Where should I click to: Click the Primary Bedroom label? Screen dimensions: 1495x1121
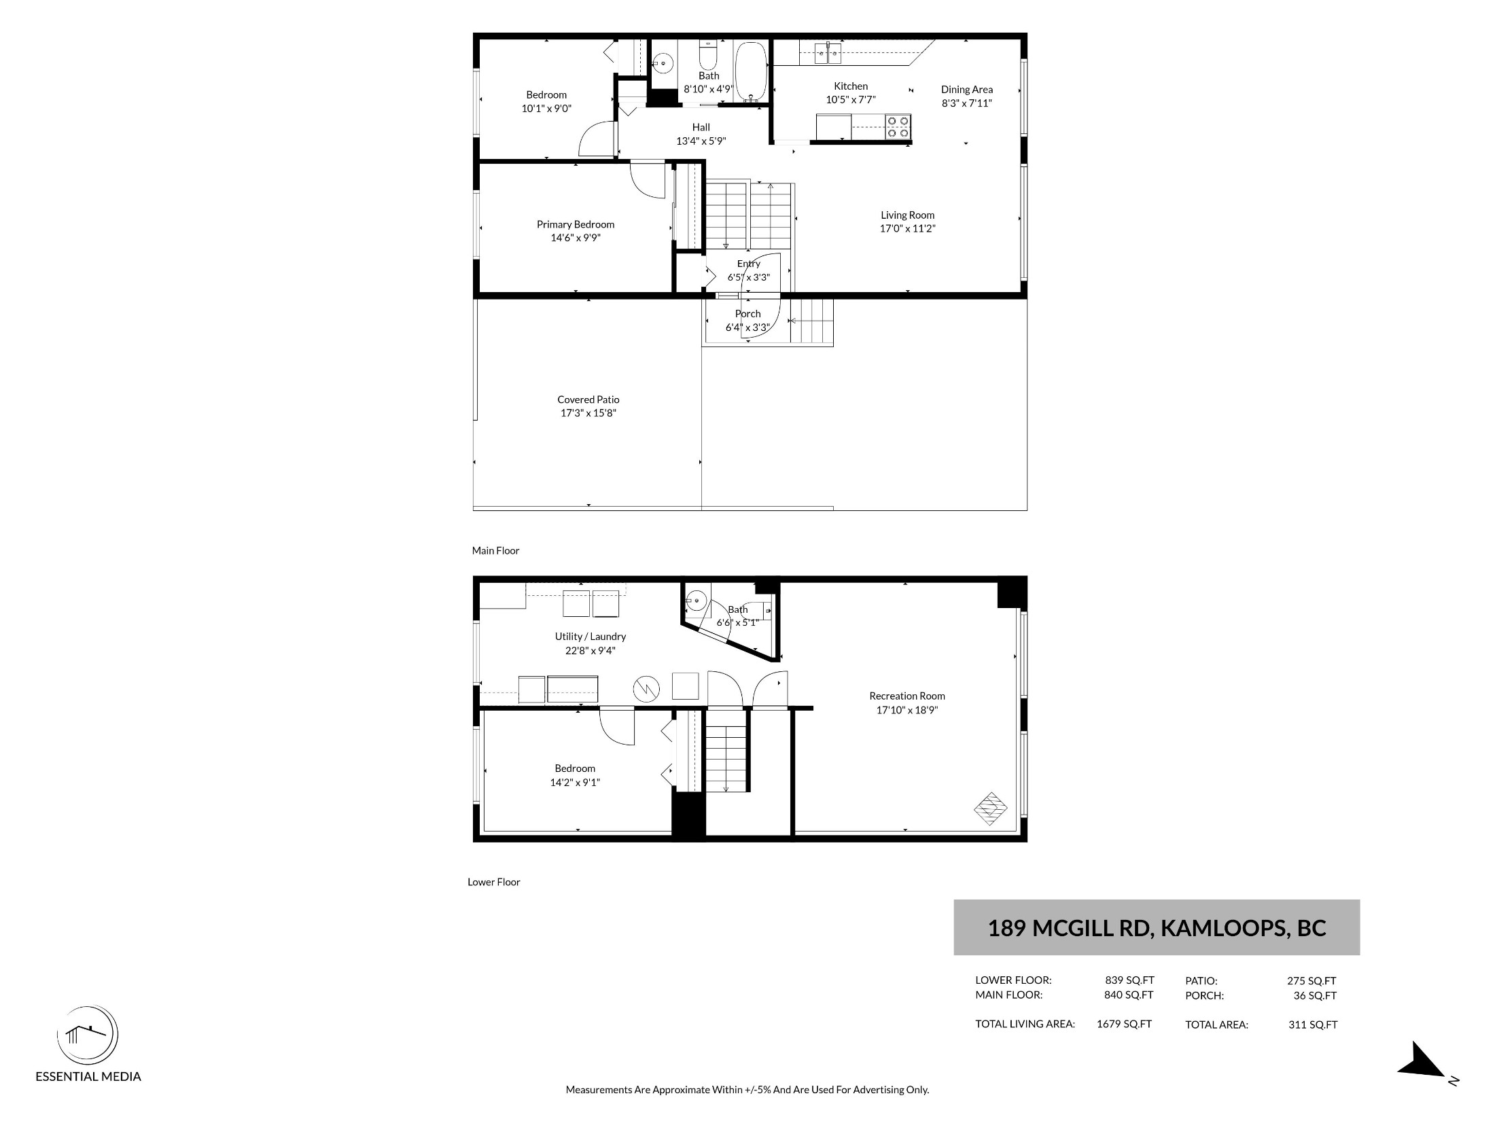pyautogui.click(x=576, y=224)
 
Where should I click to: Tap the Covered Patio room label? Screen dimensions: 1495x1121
pyautogui.click(x=588, y=399)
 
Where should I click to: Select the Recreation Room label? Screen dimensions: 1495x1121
pyautogui.click(x=907, y=696)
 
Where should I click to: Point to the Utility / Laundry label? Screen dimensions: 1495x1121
pyautogui.click(x=591, y=637)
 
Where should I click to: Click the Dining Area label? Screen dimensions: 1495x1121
pyautogui.click(x=967, y=90)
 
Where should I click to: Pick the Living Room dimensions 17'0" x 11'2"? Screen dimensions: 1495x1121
pyautogui.click(x=908, y=229)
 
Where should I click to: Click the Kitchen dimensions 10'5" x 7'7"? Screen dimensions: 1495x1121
pyautogui.click(x=851, y=100)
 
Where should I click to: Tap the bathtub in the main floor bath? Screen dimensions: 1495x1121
pyautogui.click(x=751, y=72)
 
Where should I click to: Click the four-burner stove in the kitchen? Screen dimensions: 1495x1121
pyautogui.click(x=898, y=127)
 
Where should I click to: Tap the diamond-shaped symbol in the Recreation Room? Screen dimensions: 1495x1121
pyautogui.click(x=991, y=808)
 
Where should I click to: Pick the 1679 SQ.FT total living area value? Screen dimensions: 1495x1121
pyautogui.click(x=1124, y=1024)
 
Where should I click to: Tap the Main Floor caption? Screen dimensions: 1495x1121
pyautogui.click(x=495, y=550)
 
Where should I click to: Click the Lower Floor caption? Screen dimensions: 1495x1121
pyautogui.click(x=494, y=882)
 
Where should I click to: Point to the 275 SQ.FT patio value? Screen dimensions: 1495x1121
pyautogui.click(x=1312, y=980)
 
